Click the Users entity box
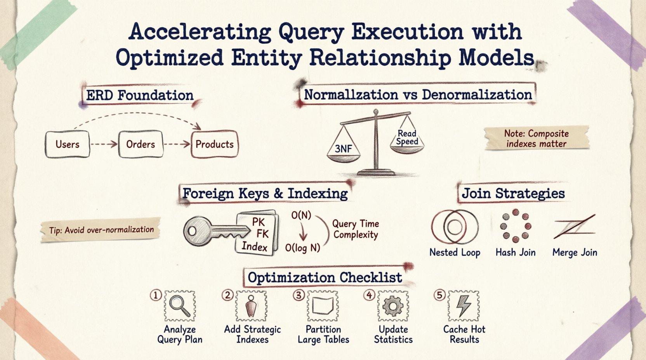coord(67,144)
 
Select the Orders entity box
coord(141,144)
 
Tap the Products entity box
coord(215,144)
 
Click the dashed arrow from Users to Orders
coord(104,144)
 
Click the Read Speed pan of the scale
coord(407,149)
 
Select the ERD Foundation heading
coord(140,95)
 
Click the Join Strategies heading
coord(513,193)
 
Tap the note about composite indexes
coord(537,138)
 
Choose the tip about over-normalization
coord(101,230)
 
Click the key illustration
coord(216,231)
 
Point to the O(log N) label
coord(302,247)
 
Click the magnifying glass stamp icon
coord(180,306)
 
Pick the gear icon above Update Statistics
coord(393,306)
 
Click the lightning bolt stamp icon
coord(464,306)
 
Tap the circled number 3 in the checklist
coord(299,296)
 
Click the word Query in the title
coord(311,32)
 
